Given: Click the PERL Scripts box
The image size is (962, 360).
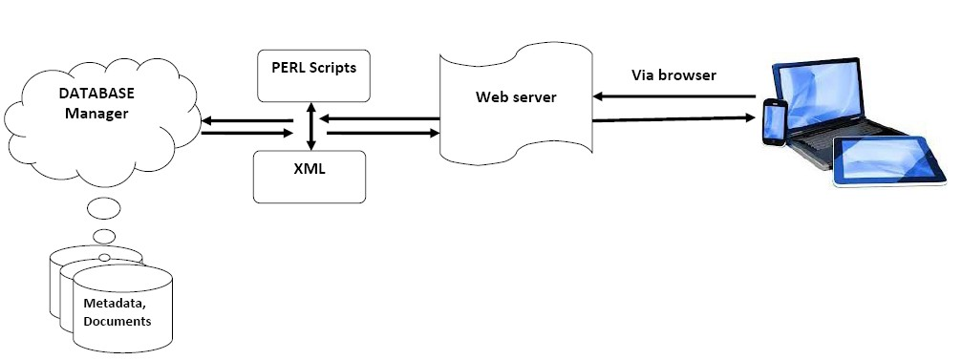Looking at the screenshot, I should pos(314,74).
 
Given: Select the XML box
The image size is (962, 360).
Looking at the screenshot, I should pos(310,175).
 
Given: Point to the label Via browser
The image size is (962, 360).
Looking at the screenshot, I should pos(673,74).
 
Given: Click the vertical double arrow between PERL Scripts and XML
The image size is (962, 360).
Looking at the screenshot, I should pos(311,126).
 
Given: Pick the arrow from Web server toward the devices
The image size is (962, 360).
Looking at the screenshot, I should pos(669,119).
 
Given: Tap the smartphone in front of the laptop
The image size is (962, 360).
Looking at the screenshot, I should pos(774,122).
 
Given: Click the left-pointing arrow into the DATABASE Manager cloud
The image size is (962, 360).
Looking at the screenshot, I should pos(246,121).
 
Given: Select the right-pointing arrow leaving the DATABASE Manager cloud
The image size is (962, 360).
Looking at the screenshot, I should pos(246,134).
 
